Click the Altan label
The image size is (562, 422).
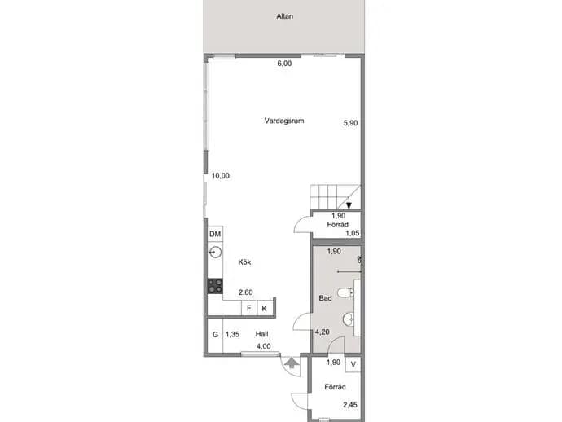pyautogui.click(x=284, y=16)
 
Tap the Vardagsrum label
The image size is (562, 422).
pyautogui.click(x=284, y=121)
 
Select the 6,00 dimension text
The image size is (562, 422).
pyautogui.click(x=284, y=64)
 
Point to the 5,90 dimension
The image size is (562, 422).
pyautogui.click(x=350, y=123)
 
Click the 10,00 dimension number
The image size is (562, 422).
pyautogui.click(x=221, y=176)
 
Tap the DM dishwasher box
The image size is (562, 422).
pyautogui.click(x=215, y=234)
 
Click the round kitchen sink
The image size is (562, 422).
pyautogui.click(x=215, y=253)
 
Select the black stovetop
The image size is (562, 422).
pyautogui.click(x=215, y=286)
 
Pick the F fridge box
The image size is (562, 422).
pyautogui.click(x=249, y=308)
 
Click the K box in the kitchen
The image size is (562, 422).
pyautogui.click(x=265, y=308)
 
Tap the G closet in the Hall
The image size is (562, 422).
pyautogui.click(x=215, y=335)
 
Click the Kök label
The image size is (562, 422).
pyautogui.click(x=244, y=262)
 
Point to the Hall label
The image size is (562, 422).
pyautogui.click(x=261, y=334)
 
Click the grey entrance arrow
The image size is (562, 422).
pyautogui.click(x=292, y=363)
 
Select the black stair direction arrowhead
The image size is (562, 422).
pyautogui.click(x=349, y=205)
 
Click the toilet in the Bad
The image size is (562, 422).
pyautogui.click(x=346, y=292)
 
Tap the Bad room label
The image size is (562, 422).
pyautogui.click(x=325, y=298)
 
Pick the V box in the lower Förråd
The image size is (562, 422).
pyautogui.click(x=353, y=365)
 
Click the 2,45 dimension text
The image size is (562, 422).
pyautogui.click(x=349, y=405)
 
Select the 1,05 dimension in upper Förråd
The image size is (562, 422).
pyautogui.click(x=353, y=233)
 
